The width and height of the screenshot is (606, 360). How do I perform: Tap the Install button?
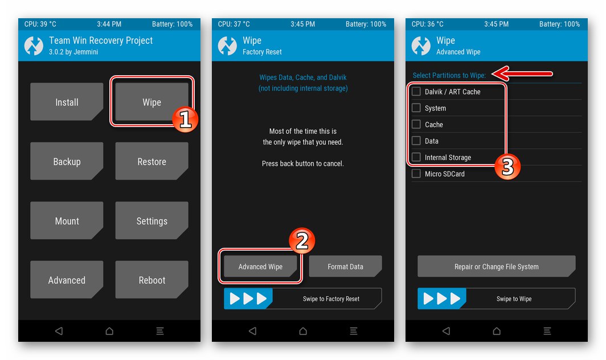pyautogui.click(x=67, y=102)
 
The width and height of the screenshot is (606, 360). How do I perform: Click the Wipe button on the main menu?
pyautogui.click(x=152, y=102)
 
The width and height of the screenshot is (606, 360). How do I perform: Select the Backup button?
pyautogui.click(x=67, y=161)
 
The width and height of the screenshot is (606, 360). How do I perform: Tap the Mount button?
pyautogui.click(x=67, y=220)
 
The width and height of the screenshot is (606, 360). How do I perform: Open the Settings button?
pyautogui.click(x=152, y=220)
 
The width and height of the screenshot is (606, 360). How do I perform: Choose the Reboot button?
pyautogui.click(x=152, y=280)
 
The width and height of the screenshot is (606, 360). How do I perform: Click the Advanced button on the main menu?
pyautogui.click(x=67, y=280)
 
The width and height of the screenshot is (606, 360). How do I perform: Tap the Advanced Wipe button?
pyautogui.click(x=260, y=267)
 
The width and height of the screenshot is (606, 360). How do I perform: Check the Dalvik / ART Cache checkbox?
pyautogui.click(x=416, y=91)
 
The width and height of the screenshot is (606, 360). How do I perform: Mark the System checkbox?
pyautogui.click(x=416, y=108)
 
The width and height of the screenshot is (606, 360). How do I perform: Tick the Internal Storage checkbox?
pyautogui.click(x=416, y=157)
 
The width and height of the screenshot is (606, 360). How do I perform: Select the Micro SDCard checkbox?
pyautogui.click(x=416, y=174)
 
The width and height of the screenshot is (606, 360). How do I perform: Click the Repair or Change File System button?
pyautogui.click(x=497, y=267)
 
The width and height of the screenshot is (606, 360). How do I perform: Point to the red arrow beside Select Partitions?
pyautogui.click(x=522, y=73)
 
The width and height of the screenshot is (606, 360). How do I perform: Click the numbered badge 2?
pyautogui.click(x=302, y=241)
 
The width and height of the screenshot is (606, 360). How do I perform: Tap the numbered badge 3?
pyautogui.click(x=507, y=167)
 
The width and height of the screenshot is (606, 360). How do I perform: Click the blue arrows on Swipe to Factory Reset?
pyautogui.click(x=248, y=298)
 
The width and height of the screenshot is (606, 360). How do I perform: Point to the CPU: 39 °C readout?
pyautogui.click(x=40, y=24)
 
